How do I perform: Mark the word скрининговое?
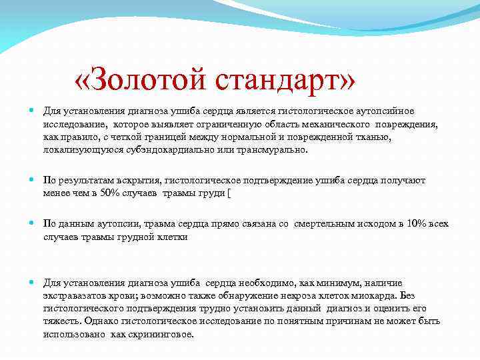(x=160, y=333)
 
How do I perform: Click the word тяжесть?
(x=61, y=321)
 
